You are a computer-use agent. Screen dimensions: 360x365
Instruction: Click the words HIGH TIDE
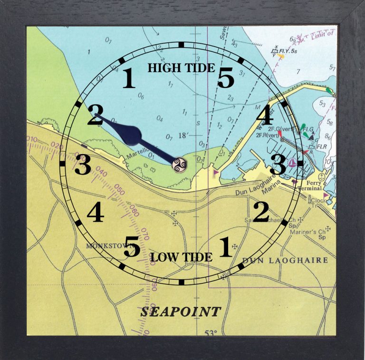[x=181, y=68]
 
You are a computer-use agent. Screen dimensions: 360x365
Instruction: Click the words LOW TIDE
[x=181, y=258]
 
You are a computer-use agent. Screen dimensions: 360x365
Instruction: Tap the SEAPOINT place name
[x=180, y=312]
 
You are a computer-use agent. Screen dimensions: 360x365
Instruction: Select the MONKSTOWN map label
[x=102, y=246]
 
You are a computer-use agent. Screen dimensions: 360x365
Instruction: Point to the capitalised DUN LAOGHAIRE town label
[x=285, y=261]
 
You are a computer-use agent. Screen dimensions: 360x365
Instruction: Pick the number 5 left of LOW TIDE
[x=132, y=246]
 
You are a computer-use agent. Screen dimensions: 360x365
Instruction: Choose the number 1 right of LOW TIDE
[x=225, y=247]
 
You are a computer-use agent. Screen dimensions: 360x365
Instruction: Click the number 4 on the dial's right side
[x=265, y=116]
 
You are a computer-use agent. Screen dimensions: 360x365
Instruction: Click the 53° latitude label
[x=211, y=332]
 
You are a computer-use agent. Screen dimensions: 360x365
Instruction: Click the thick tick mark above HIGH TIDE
[x=181, y=45]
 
